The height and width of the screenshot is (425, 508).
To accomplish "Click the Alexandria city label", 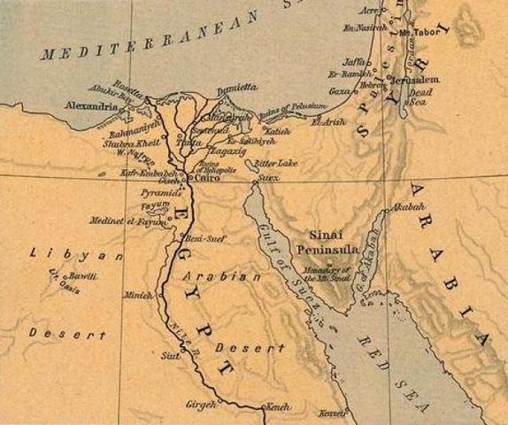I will [x=89, y=107].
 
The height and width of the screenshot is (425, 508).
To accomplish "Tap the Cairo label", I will [x=205, y=178].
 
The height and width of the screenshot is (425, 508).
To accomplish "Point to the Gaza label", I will [x=339, y=91].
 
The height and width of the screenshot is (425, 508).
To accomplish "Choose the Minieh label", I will [x=139, y=295].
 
